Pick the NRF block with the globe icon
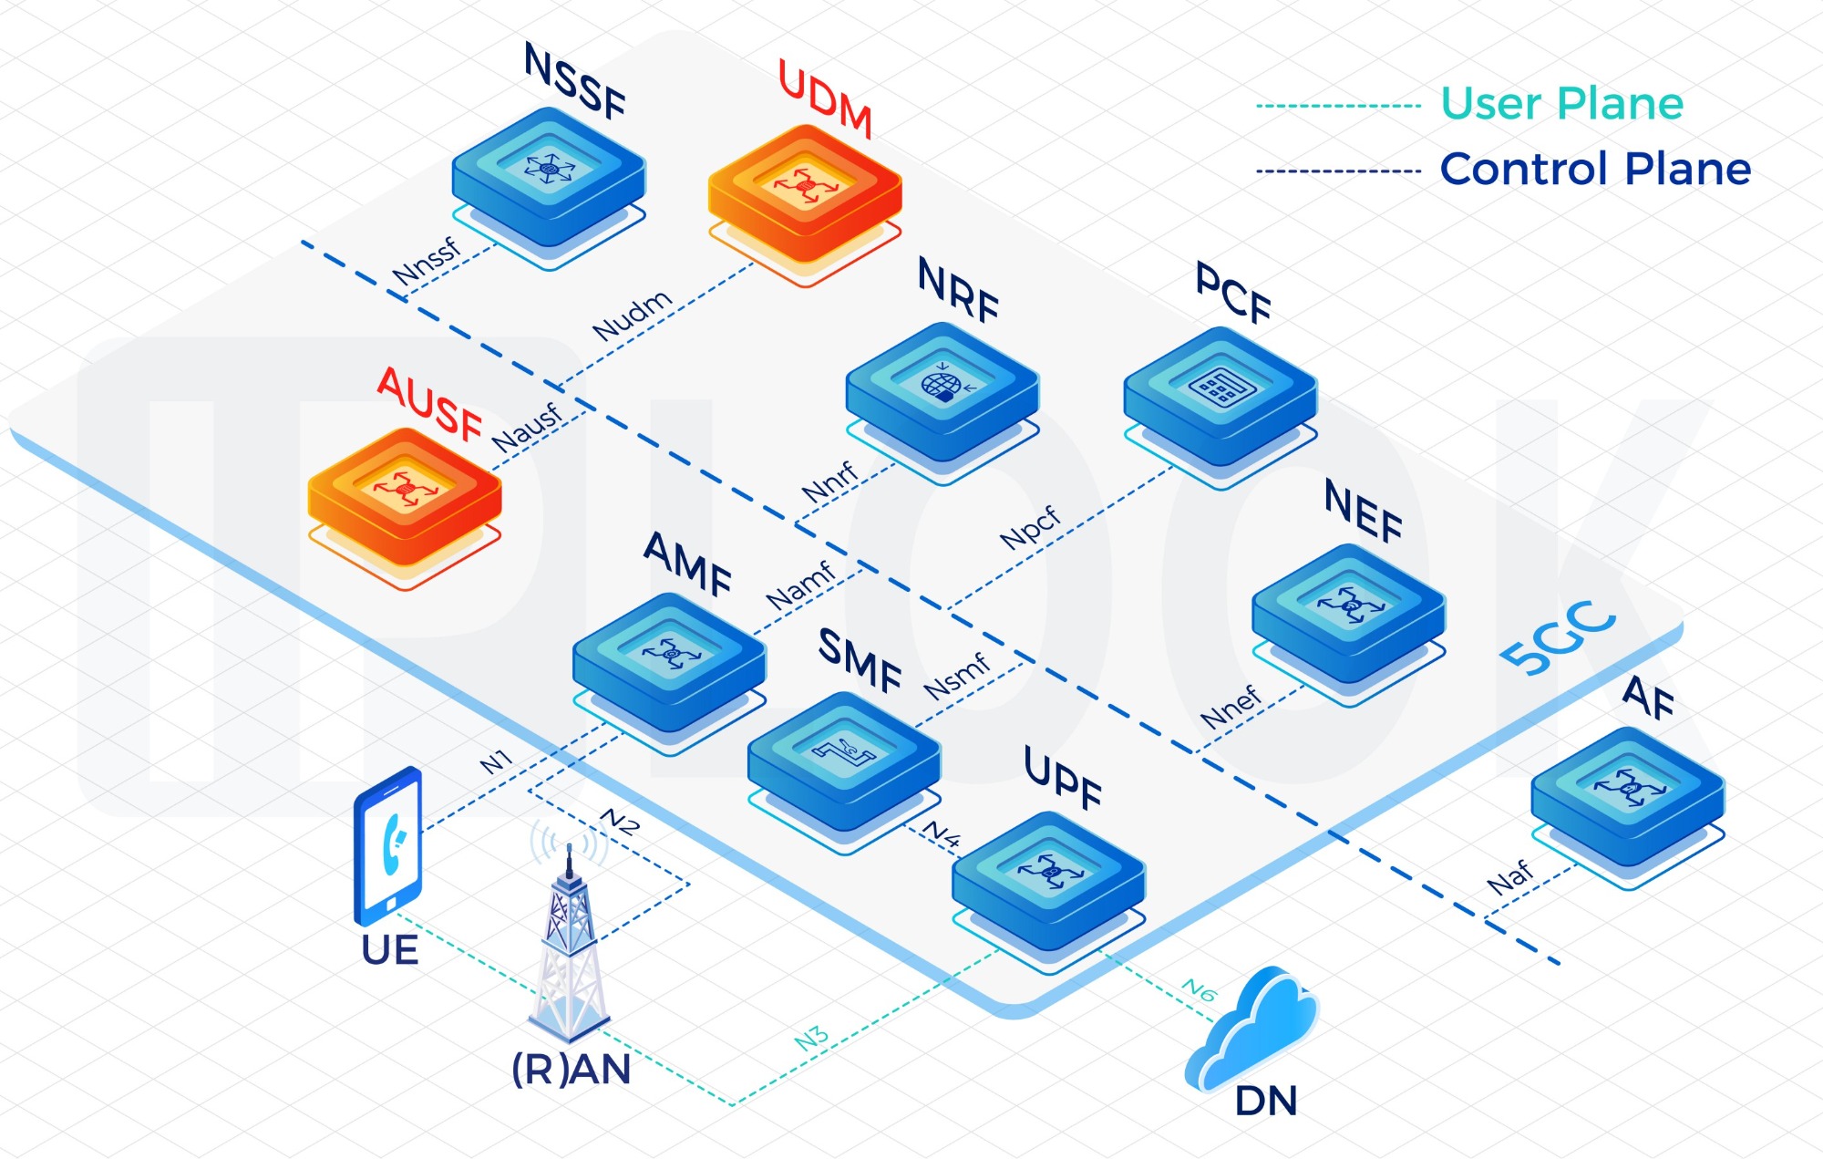point(942,392)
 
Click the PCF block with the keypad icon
point(1220,397)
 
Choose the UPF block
point(1048,880)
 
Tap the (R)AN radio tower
point(570,948)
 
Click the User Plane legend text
point(1561,103)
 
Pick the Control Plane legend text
point(1595,170)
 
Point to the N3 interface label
point(811,1038)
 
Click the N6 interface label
point(1200,989)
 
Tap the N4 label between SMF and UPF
point(942,833)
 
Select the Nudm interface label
point(632,315)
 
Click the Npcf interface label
point(1030,528)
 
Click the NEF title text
point(1364,512)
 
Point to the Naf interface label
point(1510,877)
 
